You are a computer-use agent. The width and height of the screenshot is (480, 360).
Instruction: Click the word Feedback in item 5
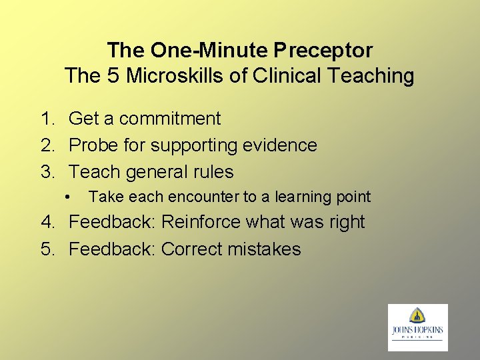(x=112, y=249)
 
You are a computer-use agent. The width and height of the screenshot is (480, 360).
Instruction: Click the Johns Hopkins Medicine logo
(x=418, y=327)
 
